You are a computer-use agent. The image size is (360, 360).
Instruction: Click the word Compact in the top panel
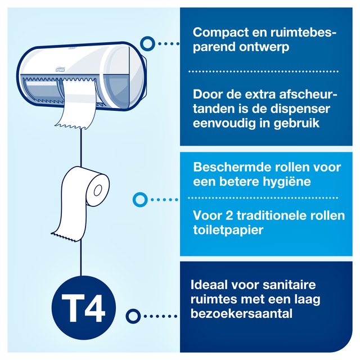coord(220,33)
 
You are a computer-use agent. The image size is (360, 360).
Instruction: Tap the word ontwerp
coord(264,47)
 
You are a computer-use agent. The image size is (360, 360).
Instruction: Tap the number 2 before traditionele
coord(229,215)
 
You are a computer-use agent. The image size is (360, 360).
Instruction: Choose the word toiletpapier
coord(228,230)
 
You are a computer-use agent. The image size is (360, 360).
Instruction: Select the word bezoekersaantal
coord(241,314)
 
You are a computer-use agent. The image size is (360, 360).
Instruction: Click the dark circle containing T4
coord(84,308)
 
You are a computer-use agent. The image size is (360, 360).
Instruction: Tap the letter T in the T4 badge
coord(73,308)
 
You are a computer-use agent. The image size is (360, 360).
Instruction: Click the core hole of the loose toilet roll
coord(98,190)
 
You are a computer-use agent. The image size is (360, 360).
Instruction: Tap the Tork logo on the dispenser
coord(60,69)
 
